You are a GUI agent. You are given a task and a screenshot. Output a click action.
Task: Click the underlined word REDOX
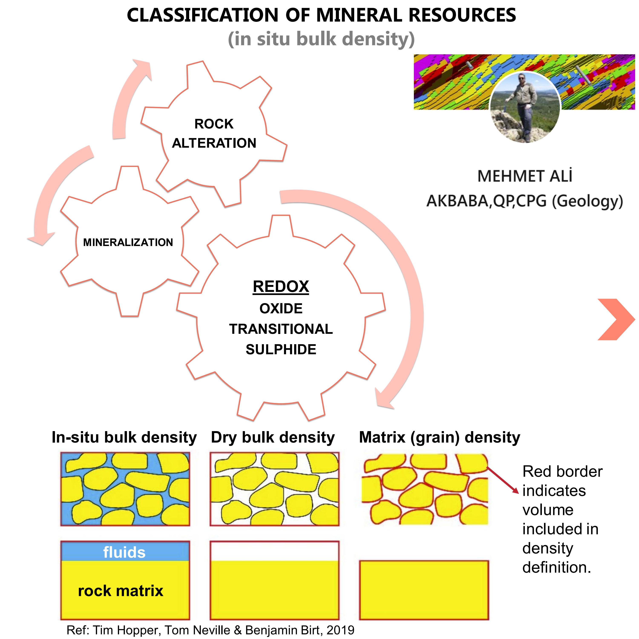[281, 286]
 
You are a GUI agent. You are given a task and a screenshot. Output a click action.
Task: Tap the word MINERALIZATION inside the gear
[128, 242]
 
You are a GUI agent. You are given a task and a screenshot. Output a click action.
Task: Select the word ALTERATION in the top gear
[214, 143]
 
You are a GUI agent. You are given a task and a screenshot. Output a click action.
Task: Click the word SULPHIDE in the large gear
[281, 350]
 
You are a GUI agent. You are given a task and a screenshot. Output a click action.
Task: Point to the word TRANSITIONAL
[281, 329]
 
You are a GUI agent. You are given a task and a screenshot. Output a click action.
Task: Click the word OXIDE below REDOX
[281, 309]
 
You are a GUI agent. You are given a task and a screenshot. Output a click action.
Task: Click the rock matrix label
[121, 591]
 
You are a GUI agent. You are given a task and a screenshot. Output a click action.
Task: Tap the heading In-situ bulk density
[124, 437]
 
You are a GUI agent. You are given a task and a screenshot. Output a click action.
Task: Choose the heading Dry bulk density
[273, 437]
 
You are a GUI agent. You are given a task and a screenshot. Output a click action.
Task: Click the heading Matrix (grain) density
[440, 437]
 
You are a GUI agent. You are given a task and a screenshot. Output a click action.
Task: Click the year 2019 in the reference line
[340, 630]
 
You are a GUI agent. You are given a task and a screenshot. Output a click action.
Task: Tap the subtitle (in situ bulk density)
[321, 39]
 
